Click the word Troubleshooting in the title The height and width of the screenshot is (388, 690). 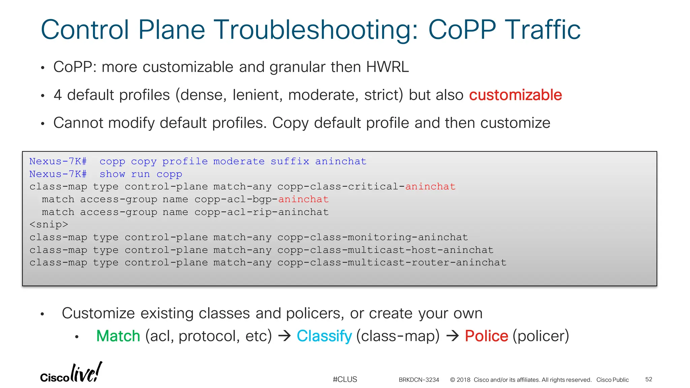tap(315, 30)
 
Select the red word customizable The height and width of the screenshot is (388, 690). tap(515, 95)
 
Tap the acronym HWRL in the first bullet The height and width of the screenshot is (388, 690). tap(387, 67)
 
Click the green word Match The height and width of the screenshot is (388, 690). tap(118, 336)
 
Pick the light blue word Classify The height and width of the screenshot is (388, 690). tap(324, 336)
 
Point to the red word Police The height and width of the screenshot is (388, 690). tap(486, 336)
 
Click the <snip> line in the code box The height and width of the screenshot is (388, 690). tap(49, 225)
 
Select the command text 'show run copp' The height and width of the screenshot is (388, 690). tap(141, 174)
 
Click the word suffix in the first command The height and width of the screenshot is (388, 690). tap(290, 161)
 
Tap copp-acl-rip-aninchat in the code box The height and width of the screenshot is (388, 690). tap(261, 212)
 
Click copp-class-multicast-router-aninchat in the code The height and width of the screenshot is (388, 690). tap(391, 263)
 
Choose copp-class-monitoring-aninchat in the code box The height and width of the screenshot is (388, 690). tap(372, 237)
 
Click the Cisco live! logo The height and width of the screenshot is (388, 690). tap(71, 373)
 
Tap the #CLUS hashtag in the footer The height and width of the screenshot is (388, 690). tap(345, 380)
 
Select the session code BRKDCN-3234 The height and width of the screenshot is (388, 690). tap(419, 380)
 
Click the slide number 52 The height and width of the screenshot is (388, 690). tap(649, 380)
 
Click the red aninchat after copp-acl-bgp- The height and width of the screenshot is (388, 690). tap(303, 199)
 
